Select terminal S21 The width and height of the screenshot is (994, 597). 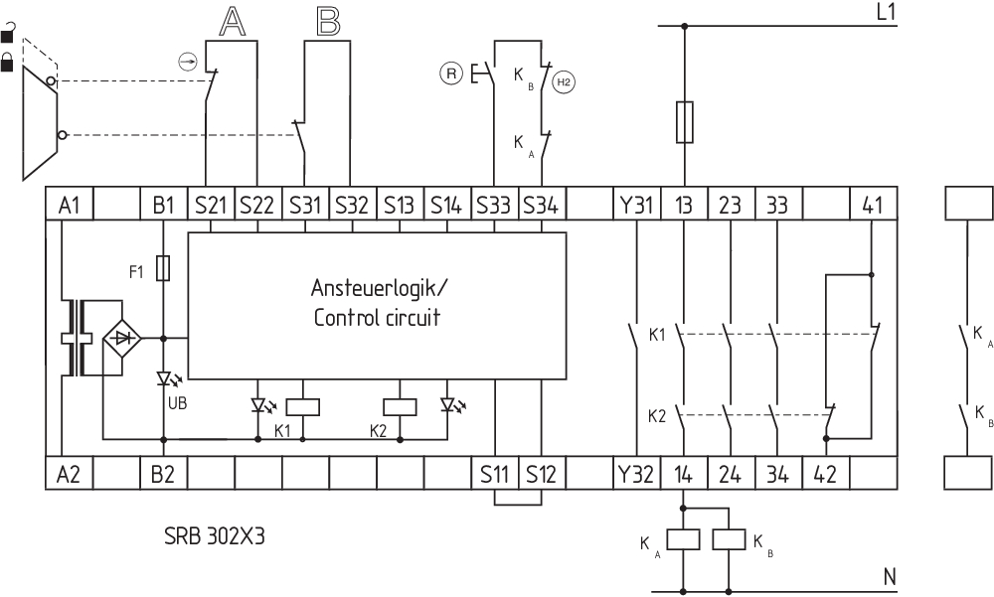[211, 206]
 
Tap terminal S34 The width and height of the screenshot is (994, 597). [541, 206]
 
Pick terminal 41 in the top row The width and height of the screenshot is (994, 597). [872, 206]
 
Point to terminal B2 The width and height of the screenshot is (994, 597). [163, 474]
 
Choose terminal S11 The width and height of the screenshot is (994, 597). [494, 474]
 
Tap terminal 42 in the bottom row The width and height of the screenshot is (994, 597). [825, 474]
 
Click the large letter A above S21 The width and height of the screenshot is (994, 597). [232, 22]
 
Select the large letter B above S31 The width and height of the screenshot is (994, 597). [327, 22]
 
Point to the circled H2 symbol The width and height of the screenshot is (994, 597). [564, 82]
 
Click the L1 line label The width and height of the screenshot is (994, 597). [886, 13]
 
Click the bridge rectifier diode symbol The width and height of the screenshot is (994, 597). [123, 338]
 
